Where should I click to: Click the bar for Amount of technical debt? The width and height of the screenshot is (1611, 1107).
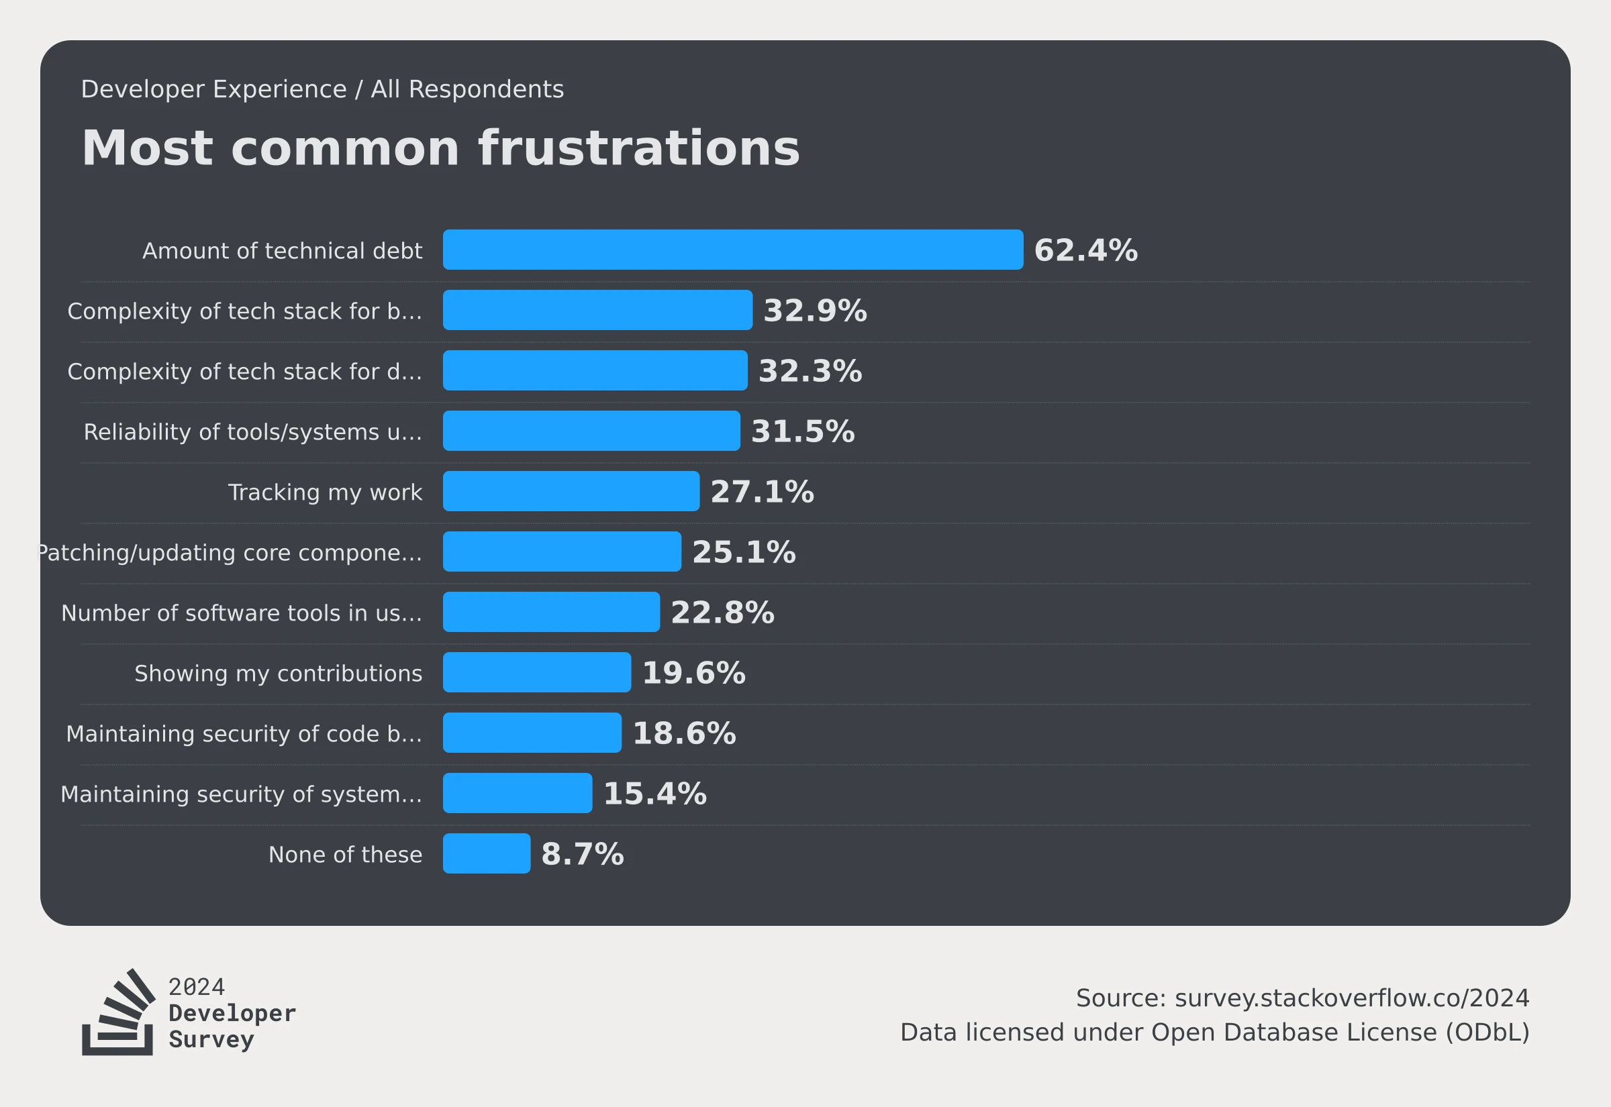[x=732, y=250]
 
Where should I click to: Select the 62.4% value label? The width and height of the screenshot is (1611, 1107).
[x=1085, y=250]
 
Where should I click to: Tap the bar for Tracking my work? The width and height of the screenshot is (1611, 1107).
[x=571, y=491]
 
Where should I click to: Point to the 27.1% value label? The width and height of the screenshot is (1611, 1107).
[x=762, y=492]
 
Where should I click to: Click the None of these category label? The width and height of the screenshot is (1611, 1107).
[x=345, y=855]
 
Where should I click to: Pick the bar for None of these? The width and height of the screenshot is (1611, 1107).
[x=487, y=853]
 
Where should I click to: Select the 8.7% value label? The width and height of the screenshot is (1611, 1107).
[x=582, y=854]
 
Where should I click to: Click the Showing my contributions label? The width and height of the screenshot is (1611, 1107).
[x=278, y=674]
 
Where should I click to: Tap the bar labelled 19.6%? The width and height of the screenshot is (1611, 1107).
[x=537, y=672]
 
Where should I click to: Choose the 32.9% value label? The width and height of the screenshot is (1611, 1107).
[x=814, y=311]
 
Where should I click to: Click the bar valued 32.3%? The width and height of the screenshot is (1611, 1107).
[x=595, y=370]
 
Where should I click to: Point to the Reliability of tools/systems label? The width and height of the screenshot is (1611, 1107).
[x=252, y=432]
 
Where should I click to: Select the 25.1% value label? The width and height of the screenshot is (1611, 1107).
[x=744, y=552]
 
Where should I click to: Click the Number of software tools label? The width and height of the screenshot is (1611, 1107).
[x=242, y=613]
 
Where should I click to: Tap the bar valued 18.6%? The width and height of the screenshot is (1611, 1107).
[x=532, y=733]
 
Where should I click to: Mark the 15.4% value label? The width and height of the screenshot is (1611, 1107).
[x=654, y=794]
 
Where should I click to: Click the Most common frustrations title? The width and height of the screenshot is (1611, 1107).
[x=440, y=148]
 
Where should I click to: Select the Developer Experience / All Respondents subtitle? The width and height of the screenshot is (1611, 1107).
[x=322, y=89]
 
